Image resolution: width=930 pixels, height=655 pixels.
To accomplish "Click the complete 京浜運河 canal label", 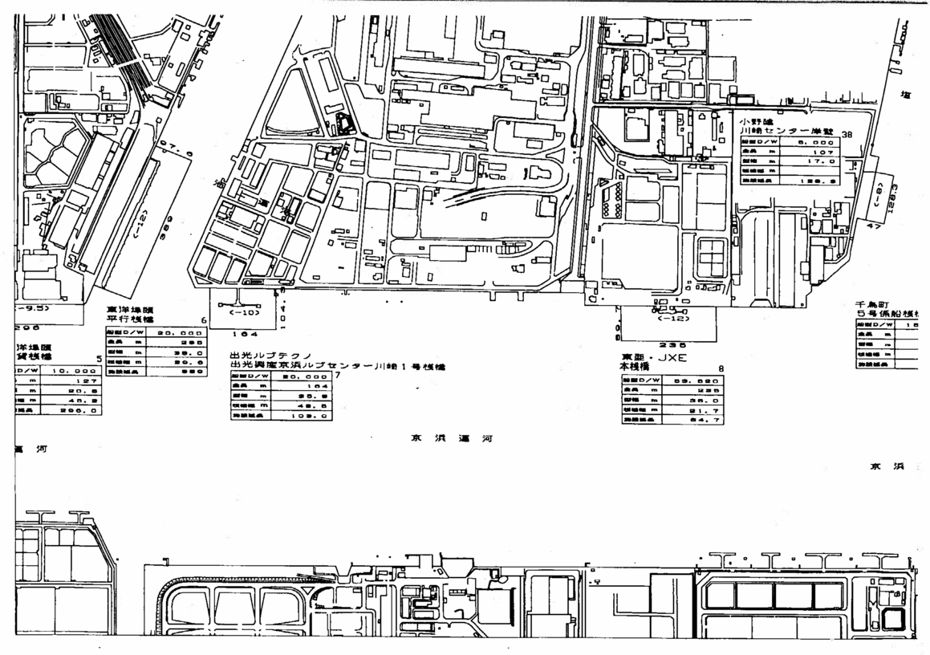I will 451,438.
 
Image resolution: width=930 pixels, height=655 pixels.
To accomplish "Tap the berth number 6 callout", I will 204,320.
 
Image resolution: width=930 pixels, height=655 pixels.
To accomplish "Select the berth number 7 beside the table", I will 338,375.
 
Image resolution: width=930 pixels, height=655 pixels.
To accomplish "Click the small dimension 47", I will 871,228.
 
